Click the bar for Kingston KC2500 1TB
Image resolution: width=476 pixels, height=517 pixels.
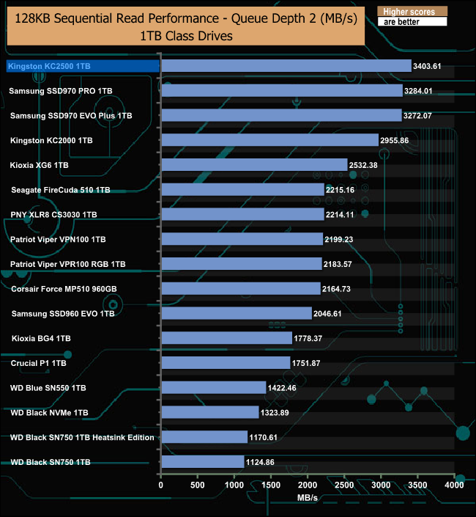click(286, 66)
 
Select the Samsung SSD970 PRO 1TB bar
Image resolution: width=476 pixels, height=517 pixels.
click(281, 91)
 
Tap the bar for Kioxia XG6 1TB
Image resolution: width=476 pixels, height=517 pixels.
click(253, 165)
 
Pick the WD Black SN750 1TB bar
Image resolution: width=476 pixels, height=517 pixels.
click(202, 462)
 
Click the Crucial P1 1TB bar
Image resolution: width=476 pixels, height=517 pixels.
click(226, 363)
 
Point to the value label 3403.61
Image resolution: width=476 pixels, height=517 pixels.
click(430, 66)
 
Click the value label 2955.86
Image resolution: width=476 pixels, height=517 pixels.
click(398, 140)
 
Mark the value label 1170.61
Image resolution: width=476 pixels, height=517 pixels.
click(267, 437)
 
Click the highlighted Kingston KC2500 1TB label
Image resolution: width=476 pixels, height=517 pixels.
click(50, 66)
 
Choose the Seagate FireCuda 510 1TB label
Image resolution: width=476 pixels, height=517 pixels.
click(61, 190)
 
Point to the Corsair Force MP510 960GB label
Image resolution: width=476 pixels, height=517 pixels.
click(64, 289)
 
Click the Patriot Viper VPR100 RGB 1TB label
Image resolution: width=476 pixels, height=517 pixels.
click(68, 264)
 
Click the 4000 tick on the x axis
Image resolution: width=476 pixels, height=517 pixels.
click(455, 485)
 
